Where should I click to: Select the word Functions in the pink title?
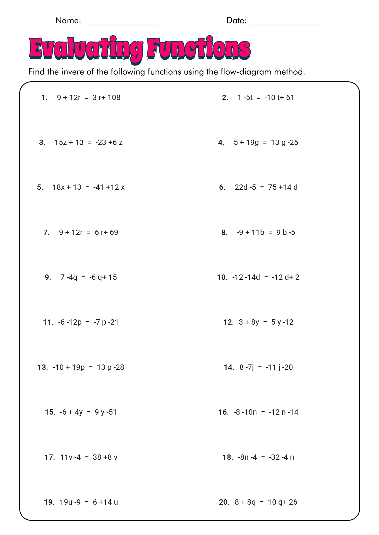(199, 49)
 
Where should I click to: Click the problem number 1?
(44, 98)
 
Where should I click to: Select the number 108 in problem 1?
(114, 98)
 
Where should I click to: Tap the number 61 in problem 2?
(290, 98)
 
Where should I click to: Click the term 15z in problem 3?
(61, 142)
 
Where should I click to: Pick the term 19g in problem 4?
(252, 142)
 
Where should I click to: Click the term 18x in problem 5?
(59, 187)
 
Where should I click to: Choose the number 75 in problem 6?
(272, 187)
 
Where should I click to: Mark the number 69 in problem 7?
(114, 232)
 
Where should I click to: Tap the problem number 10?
(222, 277)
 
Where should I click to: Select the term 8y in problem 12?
(255, 322)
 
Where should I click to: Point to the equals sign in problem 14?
(260, 367)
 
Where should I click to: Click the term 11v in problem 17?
(65, 457)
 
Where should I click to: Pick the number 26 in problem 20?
(293, 502)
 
